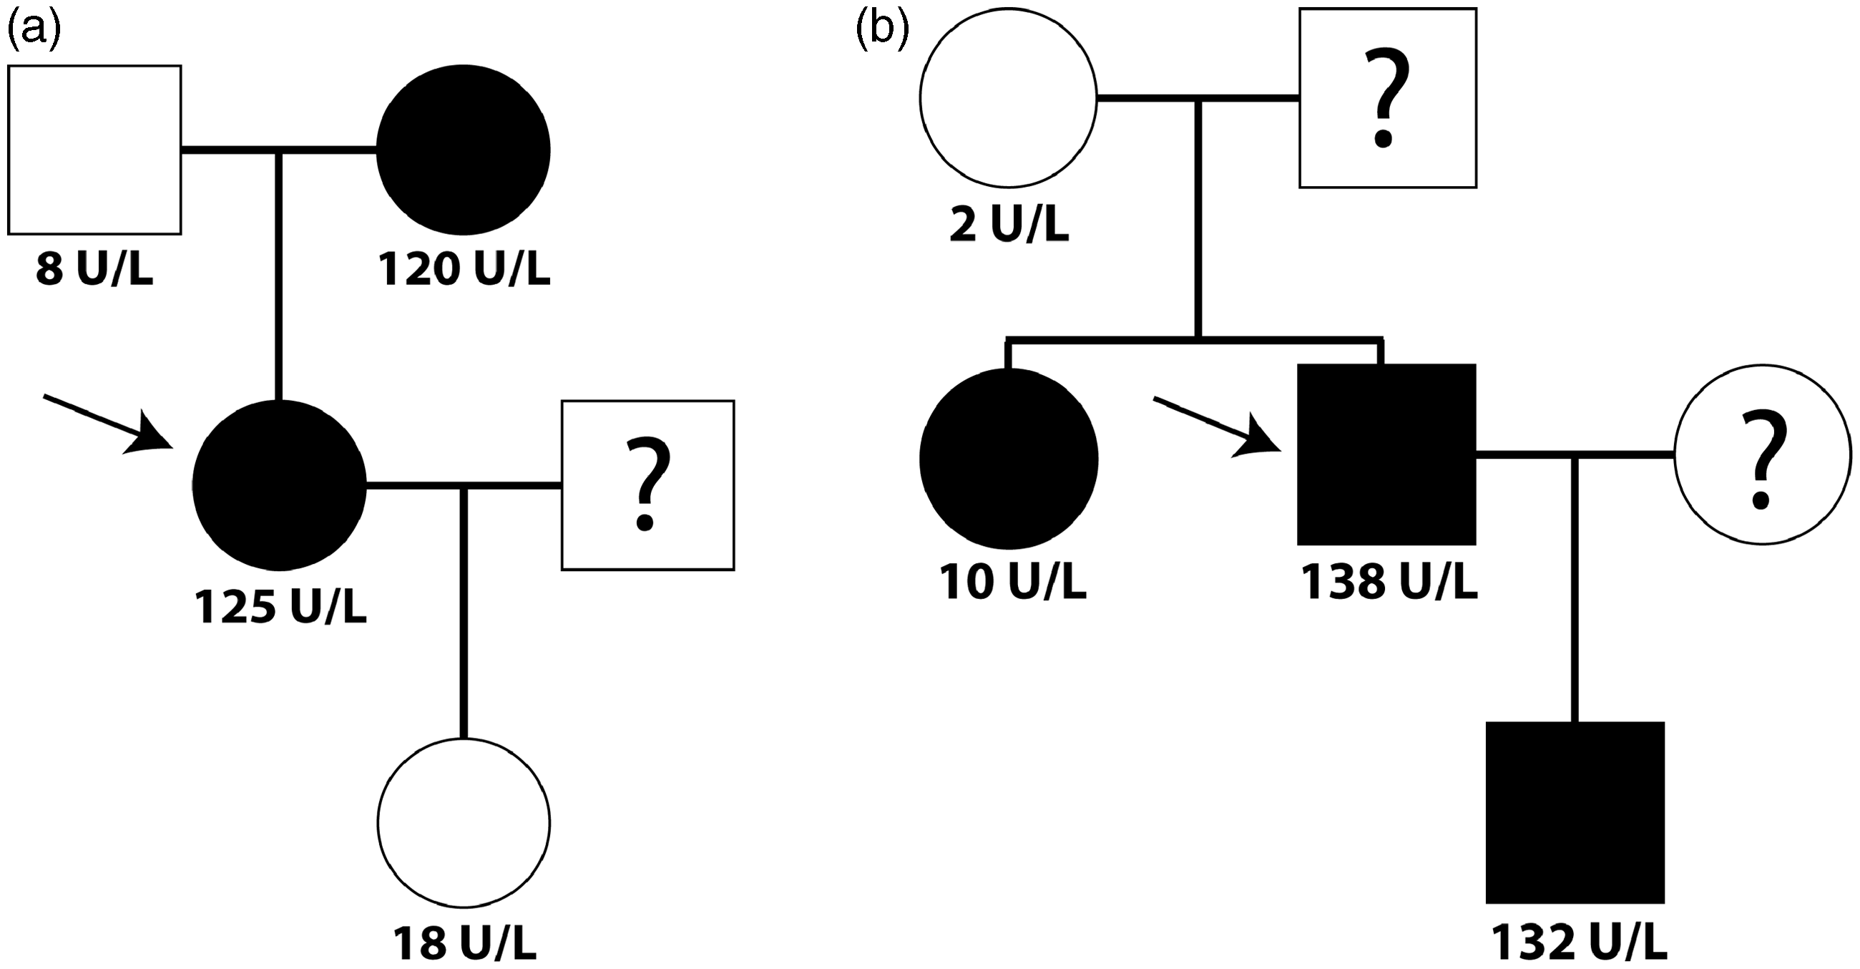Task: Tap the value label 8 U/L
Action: click(x=94, y=270)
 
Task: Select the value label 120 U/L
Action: click(x=464, y=270)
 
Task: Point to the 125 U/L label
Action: click(x=280, y=607)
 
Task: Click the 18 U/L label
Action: click(x=464, y=942)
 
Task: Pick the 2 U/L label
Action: click(x=1008, y=225)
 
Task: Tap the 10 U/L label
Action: click(x=1012, y=583)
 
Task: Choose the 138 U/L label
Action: click(x=1389, y=583)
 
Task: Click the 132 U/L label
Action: click(x=1579, y=942)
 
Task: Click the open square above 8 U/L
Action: click(x=94, y=150)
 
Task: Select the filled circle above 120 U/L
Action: click(x=464, y=150)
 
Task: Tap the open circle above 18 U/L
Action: click(x=464, y=822)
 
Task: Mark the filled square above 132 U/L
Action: click(x=1575, y=813)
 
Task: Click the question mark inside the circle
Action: click(x=1762, y=459)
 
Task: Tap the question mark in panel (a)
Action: click(x=647, y=485)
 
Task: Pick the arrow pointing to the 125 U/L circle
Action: click(x=108, y=424)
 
